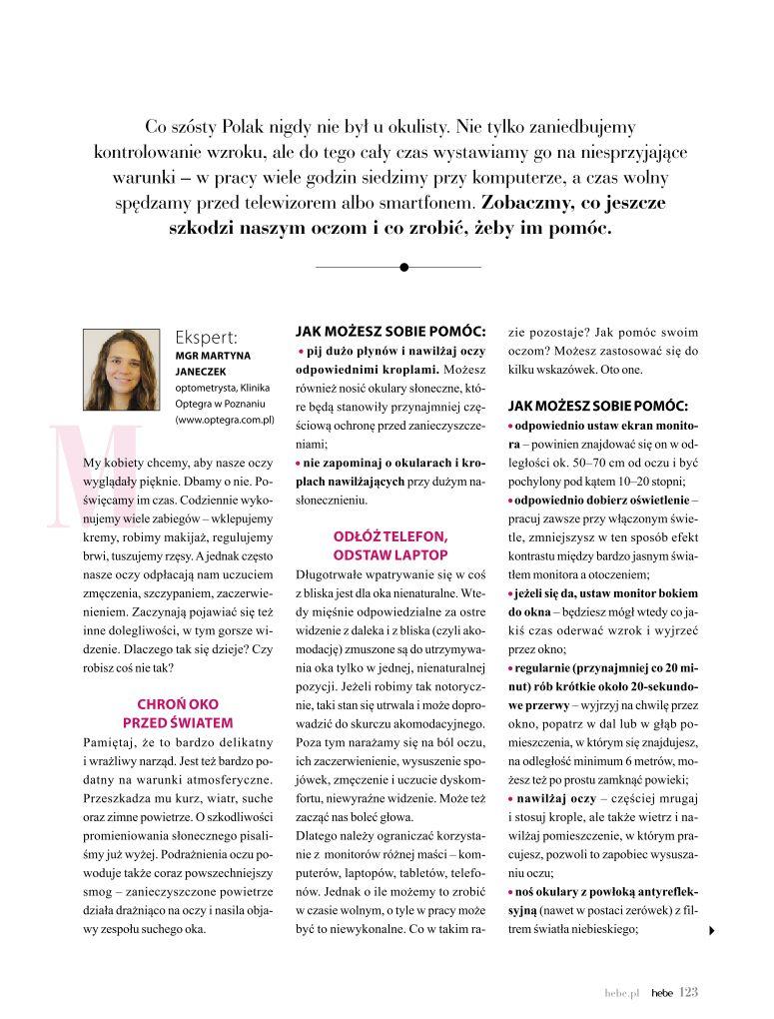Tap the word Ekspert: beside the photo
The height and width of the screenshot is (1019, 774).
(x=205, y=337)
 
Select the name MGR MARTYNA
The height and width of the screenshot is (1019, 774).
(x=213, y=355)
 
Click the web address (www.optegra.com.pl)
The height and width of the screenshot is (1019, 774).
(x=225, y=421)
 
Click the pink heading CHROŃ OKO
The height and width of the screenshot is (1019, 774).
(x=178, y=703)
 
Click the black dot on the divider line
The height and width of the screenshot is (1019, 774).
(x=403, y=267)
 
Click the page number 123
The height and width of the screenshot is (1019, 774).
(x=688, y=992)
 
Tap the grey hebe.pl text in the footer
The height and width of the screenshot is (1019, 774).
(x=620, y=993)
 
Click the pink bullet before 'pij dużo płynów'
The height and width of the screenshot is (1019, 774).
(x=301, y=352)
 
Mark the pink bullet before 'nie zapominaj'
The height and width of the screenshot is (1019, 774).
(x=299, y=462)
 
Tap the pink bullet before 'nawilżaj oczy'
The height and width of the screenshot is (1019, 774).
(x=511, y=798)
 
